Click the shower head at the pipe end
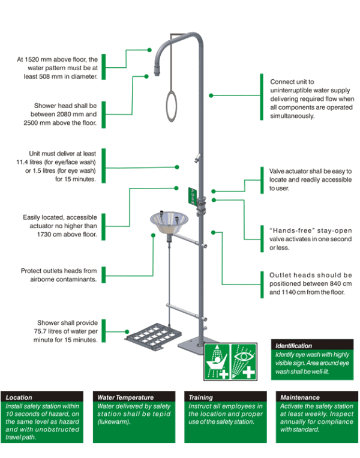point(157,70)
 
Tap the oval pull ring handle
point(172,106)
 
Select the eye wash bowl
point(169,223)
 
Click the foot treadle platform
point(153,336)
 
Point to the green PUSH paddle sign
point(193,196)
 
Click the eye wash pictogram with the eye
point(244,361)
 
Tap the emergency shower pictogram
point(217,361)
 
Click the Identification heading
point(293,346)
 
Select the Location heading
point(19,397)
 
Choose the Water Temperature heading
point(125,397)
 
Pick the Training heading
point(201,397)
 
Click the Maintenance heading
point(300,397)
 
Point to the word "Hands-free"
point(290,231)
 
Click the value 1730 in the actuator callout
point(44,234)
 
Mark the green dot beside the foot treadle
point(127,331)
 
